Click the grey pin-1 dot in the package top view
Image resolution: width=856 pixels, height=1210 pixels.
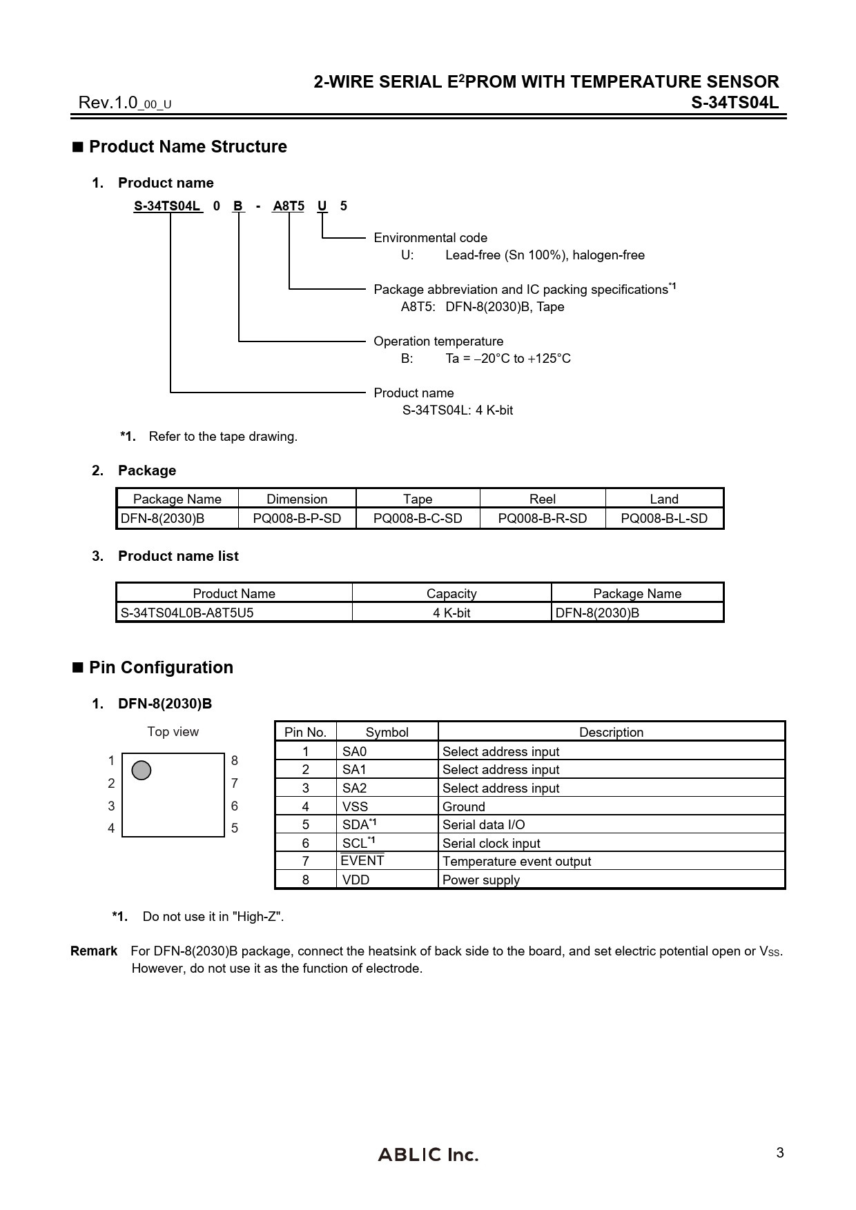pos(141,770)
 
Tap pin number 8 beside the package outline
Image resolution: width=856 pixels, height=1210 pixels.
pos(235,761)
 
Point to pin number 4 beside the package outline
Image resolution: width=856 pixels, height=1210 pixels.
pos(111,828)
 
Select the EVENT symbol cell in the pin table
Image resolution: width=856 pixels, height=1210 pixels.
pos(362,861)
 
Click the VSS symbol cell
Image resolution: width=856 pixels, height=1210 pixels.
pos(356,806)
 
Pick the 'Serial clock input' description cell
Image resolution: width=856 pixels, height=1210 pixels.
pos(492,843)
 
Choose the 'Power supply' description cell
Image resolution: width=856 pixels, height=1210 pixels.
pos(481,880)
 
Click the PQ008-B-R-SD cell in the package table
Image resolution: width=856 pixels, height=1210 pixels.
pos(543,518)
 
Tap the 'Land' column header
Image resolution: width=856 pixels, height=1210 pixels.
pos(664,499)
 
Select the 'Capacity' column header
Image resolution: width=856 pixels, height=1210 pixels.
pos(451,593)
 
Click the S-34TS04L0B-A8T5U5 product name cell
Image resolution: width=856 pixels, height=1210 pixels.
pos(187,613)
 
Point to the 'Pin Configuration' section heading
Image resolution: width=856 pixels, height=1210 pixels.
pos(161,667)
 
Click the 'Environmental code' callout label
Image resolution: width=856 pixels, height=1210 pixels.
pos(431,237)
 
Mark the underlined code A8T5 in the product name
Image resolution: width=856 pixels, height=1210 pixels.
pos(289,206)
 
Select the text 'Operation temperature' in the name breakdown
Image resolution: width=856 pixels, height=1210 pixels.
pos(438,341)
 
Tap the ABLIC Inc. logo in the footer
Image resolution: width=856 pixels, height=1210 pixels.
pos(428,1154)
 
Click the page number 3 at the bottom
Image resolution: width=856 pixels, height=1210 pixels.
pos(780,1153)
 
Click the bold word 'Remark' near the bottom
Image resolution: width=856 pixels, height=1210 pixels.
pos(94,951)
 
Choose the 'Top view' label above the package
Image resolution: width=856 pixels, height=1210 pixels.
pos(173,731)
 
